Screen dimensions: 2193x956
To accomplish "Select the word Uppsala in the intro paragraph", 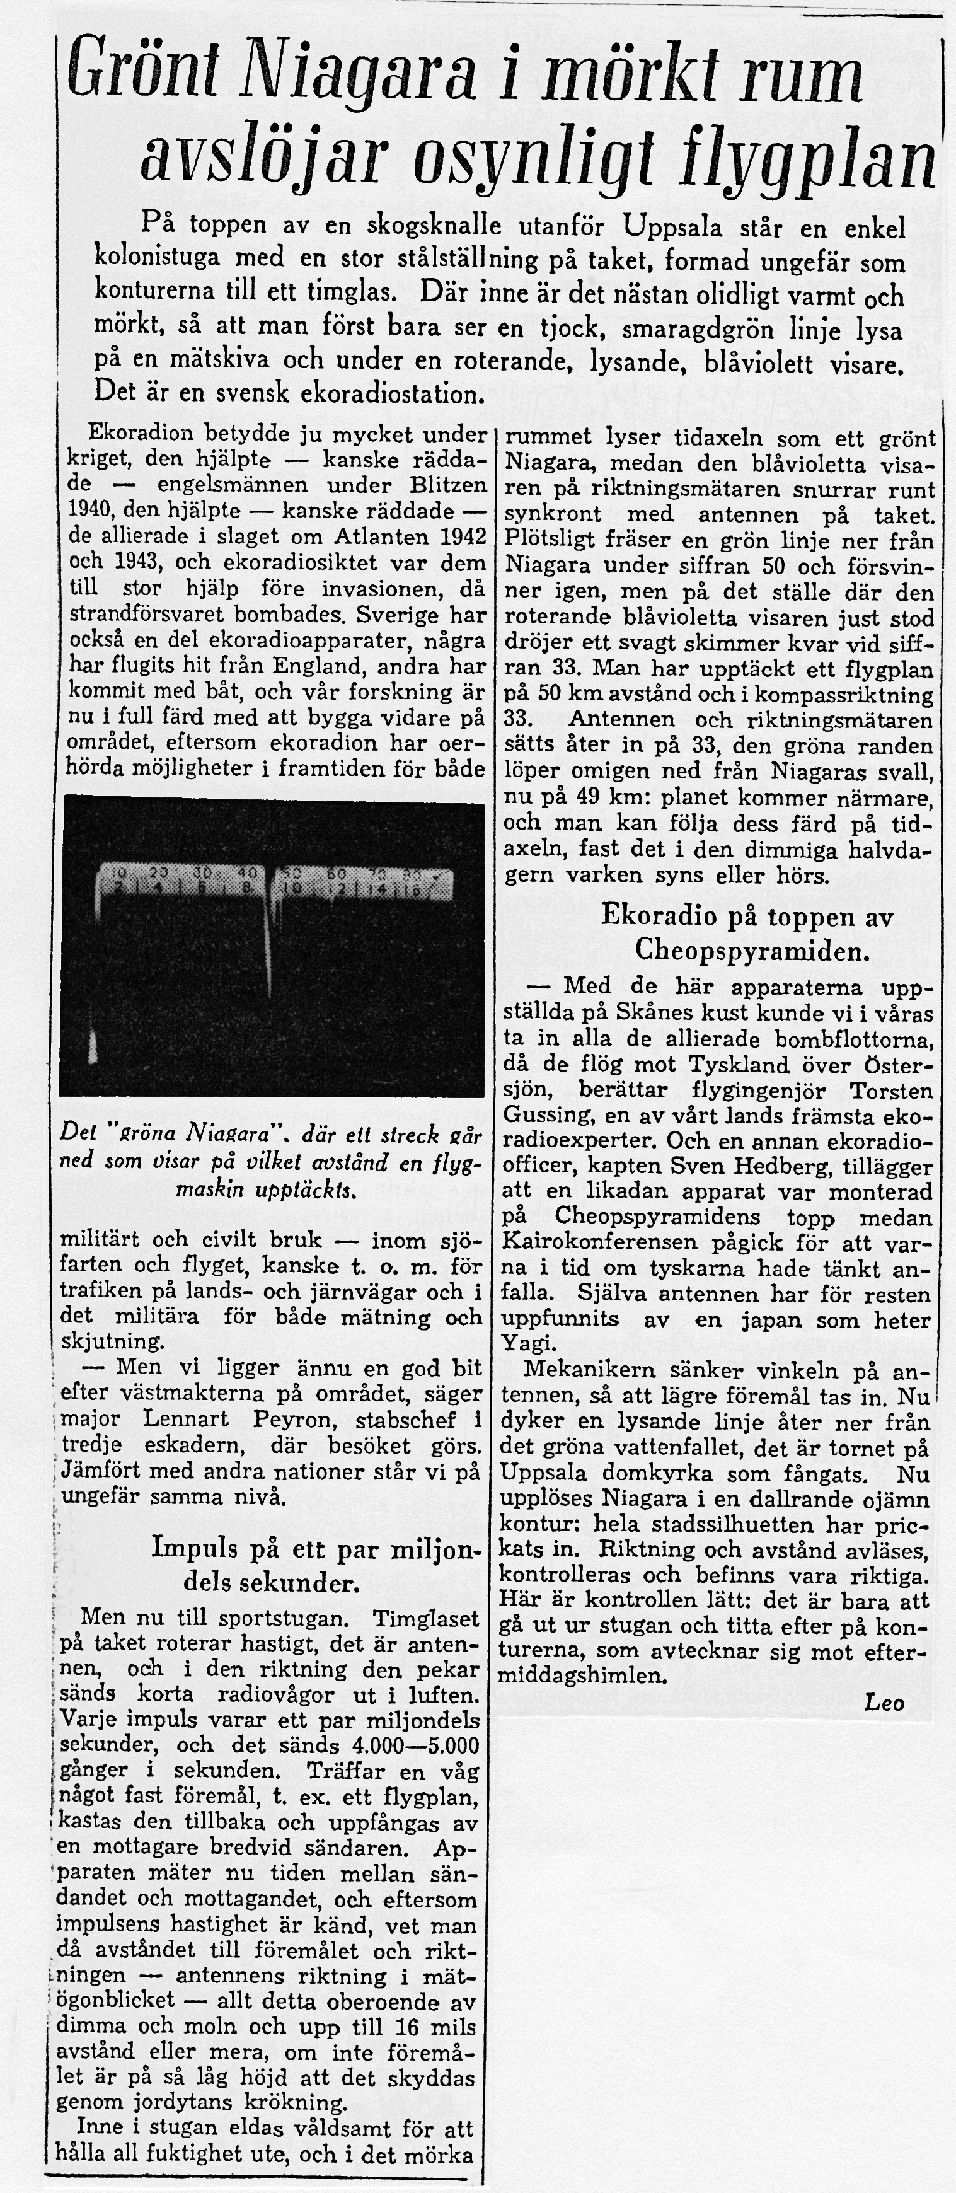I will coord(676,228).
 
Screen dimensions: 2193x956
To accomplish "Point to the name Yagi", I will coord(522,1345).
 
